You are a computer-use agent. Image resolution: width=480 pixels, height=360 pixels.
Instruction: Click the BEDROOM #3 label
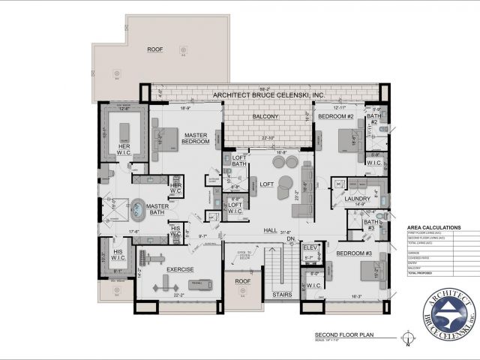pos(355,253)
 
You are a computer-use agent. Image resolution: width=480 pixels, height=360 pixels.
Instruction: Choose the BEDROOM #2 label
pos(335,117)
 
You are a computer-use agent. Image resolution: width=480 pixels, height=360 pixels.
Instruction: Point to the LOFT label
pos(266,184)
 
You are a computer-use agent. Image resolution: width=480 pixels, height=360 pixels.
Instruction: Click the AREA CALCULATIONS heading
pos(433,227)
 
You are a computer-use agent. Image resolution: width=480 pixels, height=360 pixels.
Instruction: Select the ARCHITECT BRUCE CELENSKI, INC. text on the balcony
pos(269,95)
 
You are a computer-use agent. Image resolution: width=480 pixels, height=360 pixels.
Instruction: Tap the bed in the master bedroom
pos(165,138)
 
